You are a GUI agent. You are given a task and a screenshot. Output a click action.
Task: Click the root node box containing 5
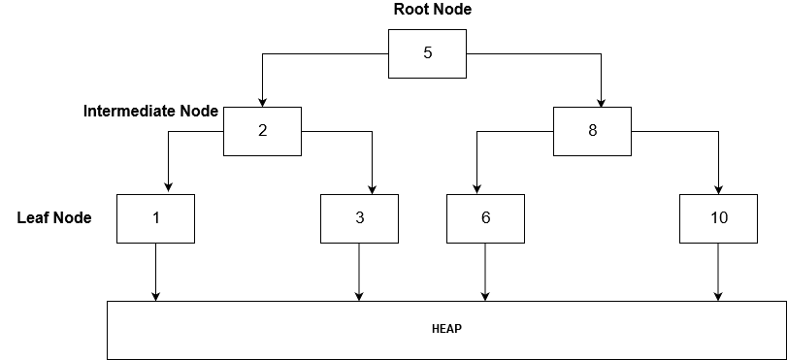[427, 53]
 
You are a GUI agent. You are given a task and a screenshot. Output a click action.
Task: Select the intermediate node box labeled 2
[262, 131]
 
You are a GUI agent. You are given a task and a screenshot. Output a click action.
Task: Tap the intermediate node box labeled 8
[592, 131]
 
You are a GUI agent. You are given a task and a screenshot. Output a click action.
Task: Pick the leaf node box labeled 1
[155, 218]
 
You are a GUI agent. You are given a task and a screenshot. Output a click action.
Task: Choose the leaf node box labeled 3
[359, 218]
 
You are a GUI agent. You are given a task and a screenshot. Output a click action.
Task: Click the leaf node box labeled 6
[485, 218]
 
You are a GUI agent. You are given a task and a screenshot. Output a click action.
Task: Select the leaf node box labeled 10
[718, 218]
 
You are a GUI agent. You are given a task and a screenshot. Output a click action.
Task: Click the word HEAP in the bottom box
[446, 329]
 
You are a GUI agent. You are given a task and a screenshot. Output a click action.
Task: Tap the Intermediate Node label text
[150, 112]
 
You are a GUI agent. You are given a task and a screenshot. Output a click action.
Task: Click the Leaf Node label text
[54, 218]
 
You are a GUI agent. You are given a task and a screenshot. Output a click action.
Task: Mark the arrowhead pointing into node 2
[262, 102]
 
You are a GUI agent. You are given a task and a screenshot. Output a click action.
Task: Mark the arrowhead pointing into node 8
[602, 102]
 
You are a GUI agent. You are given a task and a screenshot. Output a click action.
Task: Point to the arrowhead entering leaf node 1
[169, 188]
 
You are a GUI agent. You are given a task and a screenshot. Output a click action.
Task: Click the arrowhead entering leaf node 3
[373, 188]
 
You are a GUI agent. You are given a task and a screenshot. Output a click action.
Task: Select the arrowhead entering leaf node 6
[475, 188]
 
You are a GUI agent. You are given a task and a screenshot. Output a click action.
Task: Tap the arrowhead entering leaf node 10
[718, 188]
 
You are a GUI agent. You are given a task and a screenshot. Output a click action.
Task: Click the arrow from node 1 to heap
[155, 272]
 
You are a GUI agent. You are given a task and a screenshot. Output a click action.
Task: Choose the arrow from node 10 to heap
[718, 272]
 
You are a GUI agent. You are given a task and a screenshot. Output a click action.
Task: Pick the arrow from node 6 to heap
[485, 272]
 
